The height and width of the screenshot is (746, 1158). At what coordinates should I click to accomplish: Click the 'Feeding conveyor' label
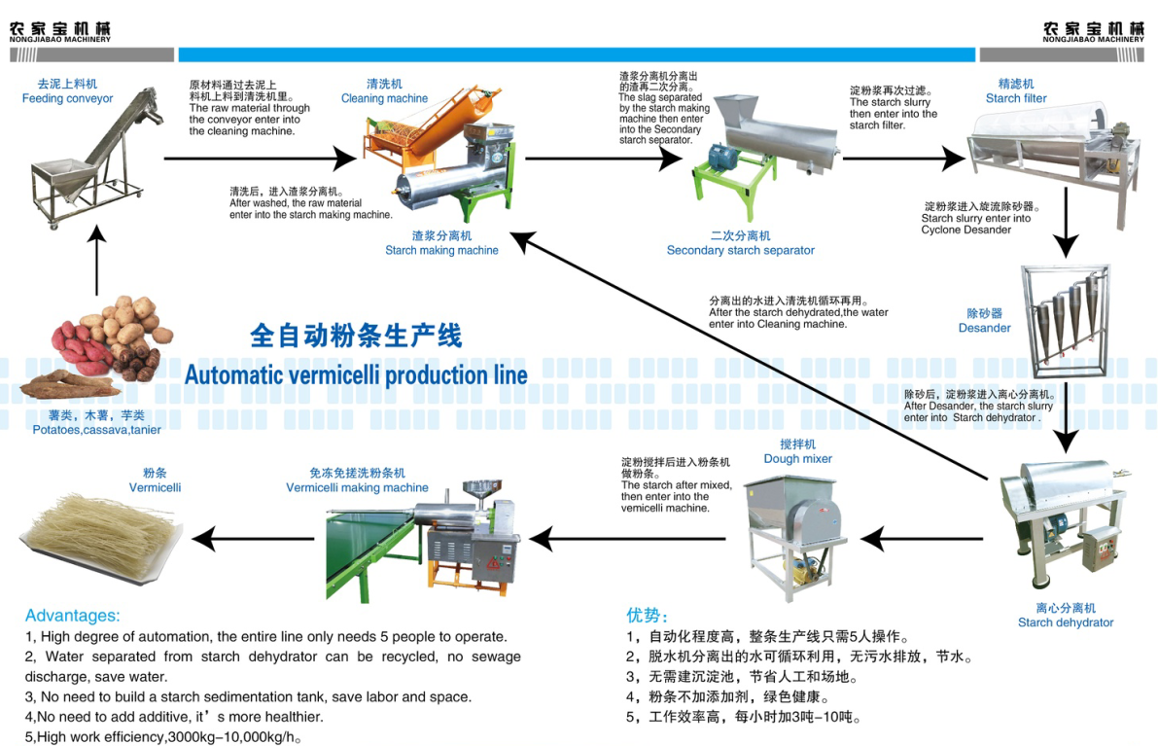click(x=67, y=98)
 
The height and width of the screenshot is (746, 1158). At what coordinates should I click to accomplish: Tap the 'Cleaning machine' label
click(x=384, y=98)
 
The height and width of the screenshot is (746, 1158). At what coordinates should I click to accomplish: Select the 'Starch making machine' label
click(x=441, y=250)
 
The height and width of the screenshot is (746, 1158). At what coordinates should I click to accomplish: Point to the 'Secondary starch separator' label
click(x=740, y=250)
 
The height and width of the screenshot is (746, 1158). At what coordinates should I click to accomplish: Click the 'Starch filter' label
click(x=1016, y=98)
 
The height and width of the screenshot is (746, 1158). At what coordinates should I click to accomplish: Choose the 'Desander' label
click(x=984, y=328)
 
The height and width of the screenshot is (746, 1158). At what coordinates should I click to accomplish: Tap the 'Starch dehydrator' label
click(x=1066, y=622)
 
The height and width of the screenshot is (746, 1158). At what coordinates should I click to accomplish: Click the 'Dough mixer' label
click(x=797, y=459)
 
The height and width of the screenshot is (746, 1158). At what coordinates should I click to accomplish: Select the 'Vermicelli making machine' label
click(x=357, y=488)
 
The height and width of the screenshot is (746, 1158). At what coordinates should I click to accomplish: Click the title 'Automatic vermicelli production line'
click(x=356, y=374)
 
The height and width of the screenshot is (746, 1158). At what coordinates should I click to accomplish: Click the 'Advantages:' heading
click(x=73, y=615)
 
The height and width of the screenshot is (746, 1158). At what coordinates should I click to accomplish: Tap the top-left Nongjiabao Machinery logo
click(x=60, y=31)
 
